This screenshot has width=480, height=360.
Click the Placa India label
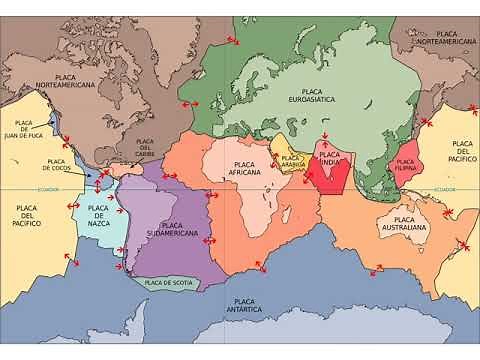331,159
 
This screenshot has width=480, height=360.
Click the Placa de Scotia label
168,283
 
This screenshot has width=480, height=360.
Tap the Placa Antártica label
244,305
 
